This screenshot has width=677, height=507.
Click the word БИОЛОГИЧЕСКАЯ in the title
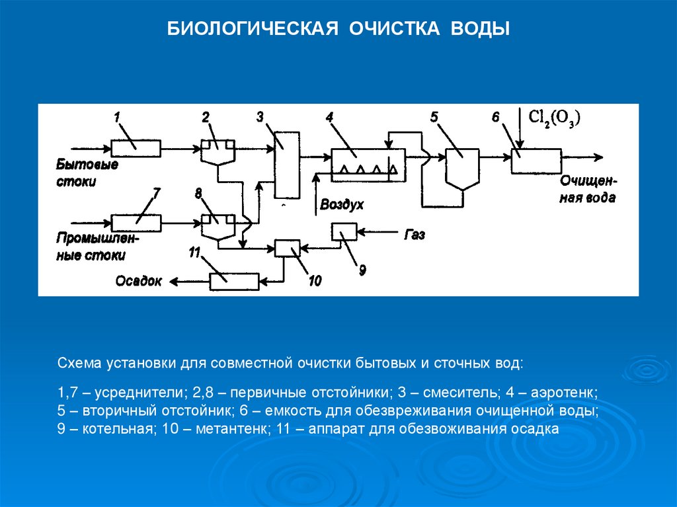248,30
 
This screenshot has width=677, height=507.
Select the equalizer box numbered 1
135,148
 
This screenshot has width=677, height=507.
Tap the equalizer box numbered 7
135,223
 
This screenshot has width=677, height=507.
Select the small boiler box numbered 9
344,231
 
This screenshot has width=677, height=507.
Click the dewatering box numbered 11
234,282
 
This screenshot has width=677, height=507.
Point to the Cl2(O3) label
554,118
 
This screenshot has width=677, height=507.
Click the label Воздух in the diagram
342,204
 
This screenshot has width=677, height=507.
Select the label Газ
414,235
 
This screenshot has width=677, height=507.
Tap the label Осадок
139,282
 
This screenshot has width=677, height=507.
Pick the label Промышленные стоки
91,247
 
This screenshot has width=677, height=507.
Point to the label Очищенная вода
588,189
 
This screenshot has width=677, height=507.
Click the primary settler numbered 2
218,153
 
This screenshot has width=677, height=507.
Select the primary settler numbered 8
218,225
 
